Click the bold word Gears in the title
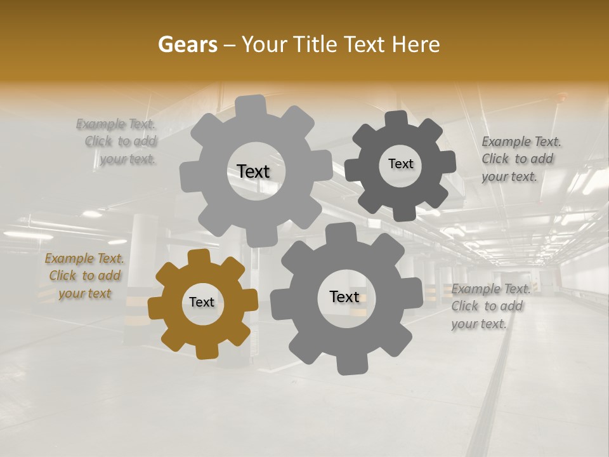point(187,44)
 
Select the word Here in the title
point(416,44)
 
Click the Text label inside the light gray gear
point(253,171)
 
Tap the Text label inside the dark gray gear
point(400,164)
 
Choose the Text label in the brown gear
point(202,302)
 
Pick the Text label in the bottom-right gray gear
point(344,296)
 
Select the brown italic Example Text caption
point(84,276)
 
